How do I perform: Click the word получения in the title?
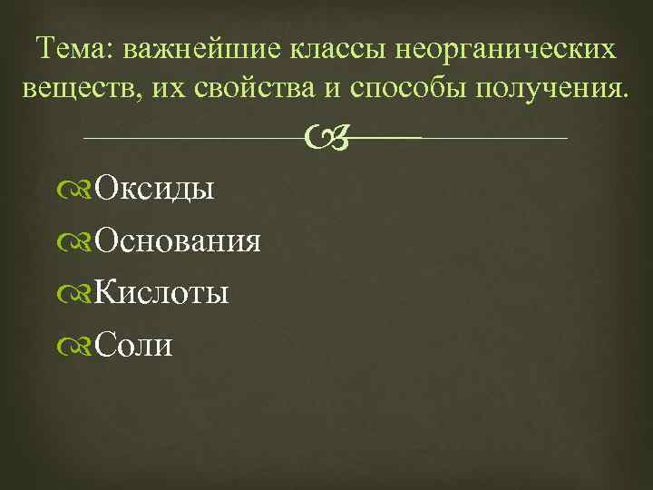pyautogui.click(x=549, y=89)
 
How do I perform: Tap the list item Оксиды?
pyautogui.click(x=154, y=191)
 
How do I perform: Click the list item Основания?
pyautogui.click(x=178, y=241)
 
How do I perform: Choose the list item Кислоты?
pyautogui.click(x=161, y=293)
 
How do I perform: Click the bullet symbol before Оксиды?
pyautogui.click(x=80, y=191)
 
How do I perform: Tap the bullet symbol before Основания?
pyautogui.click(x=80, y=242)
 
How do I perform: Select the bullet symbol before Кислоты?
pyautogui.click(x=80, y=294)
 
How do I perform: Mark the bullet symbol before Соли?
pyautogui.click(x=80, y=346)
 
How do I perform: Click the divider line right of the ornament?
pyautogui.click(x=494, y=139)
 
